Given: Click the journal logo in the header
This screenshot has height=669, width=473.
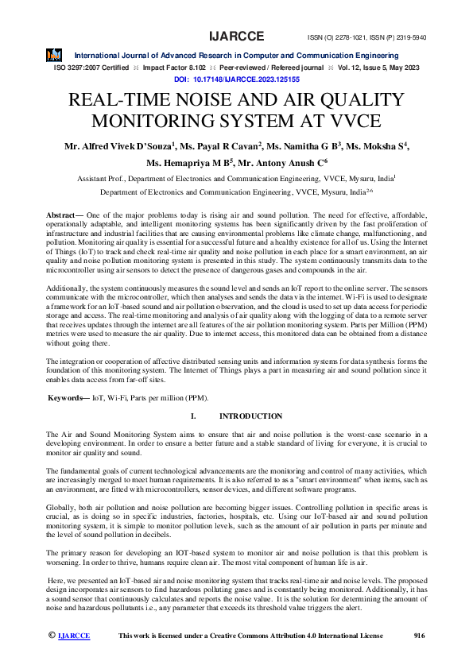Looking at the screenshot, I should click(53, 56).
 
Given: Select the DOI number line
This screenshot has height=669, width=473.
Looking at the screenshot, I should click(236, 80).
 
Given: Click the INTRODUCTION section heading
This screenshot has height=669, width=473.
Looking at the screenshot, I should click(250, 416).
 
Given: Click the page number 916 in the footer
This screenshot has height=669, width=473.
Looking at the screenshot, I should click(421, 636).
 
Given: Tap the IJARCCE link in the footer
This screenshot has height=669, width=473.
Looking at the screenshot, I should click(74, 636).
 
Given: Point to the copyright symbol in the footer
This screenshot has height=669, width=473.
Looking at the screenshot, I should click(52, 636).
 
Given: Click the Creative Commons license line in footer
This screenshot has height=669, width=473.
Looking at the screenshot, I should click(250, 636).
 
